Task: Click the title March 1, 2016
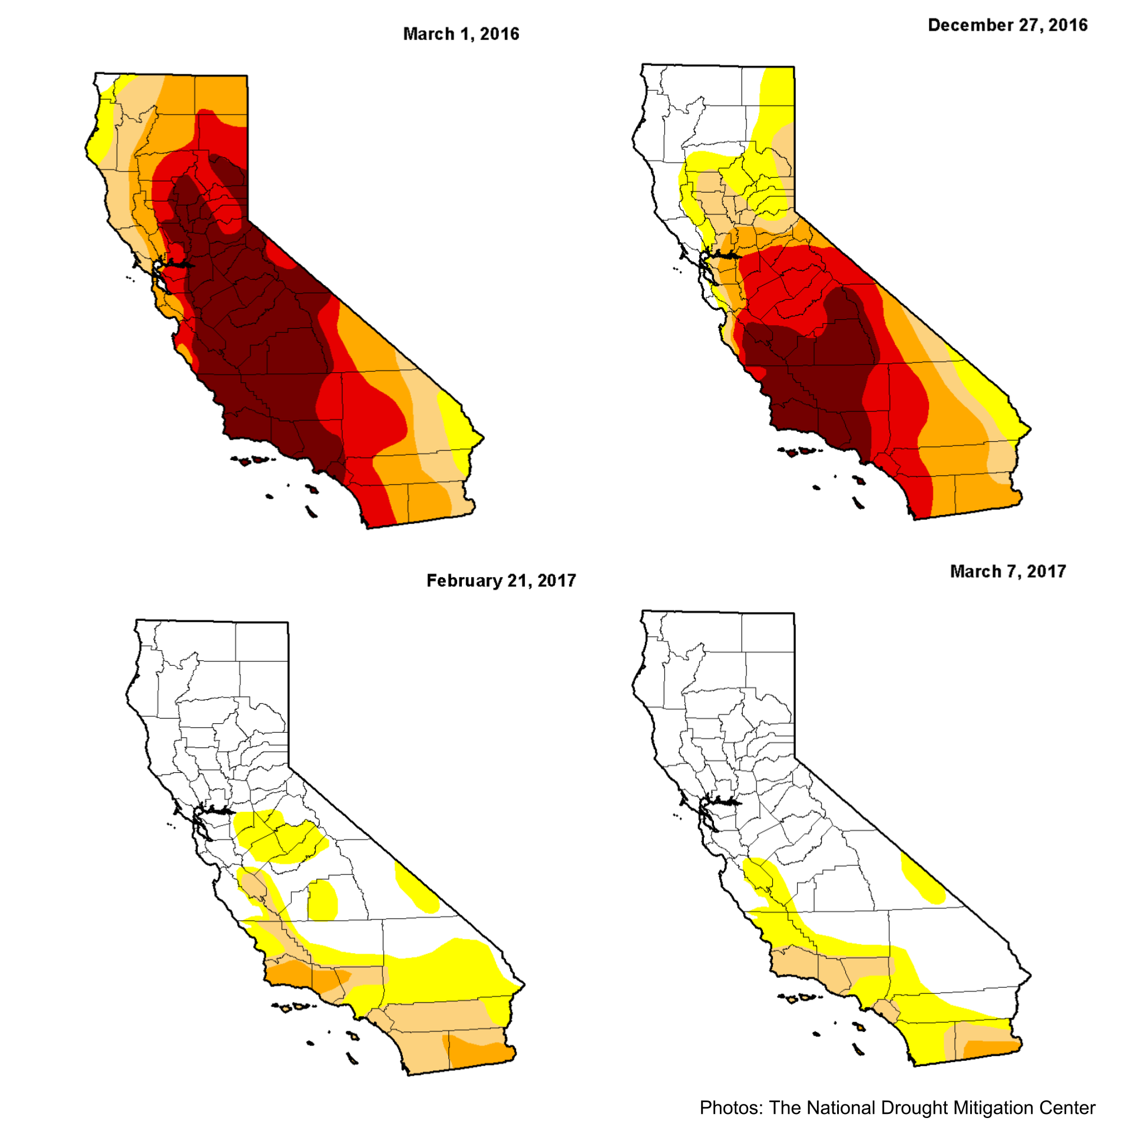tap(461, 34)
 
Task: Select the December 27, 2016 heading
tap(1007, 25)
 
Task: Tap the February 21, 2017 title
tap(501, 581)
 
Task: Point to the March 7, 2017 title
tap(1008, 571)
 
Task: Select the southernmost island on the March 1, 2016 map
tap(311, 512)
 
